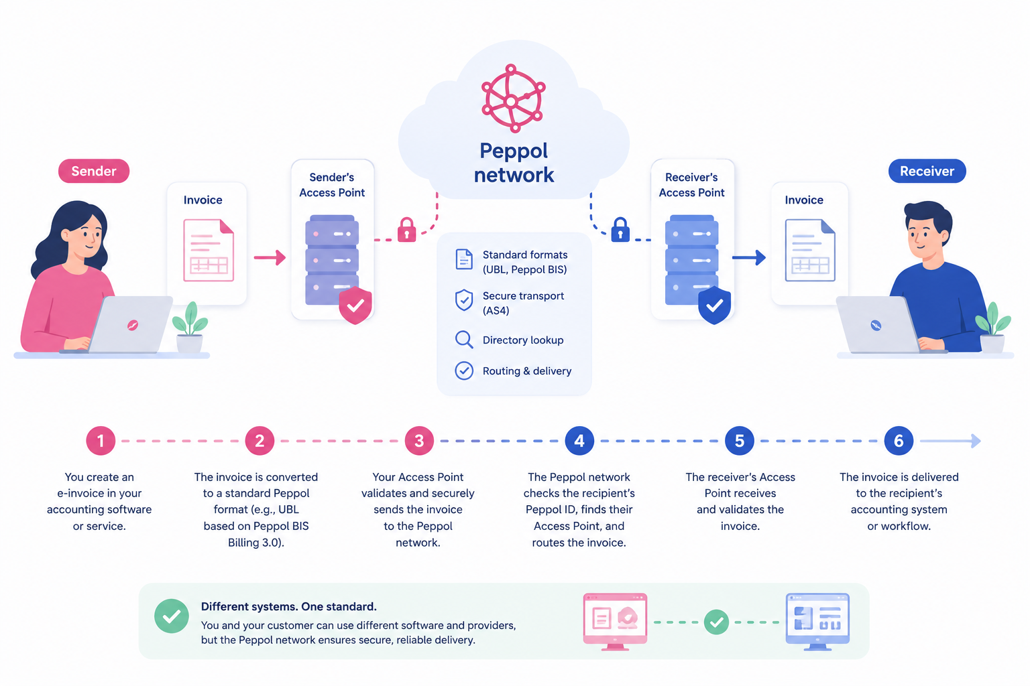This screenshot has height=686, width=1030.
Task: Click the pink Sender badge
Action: [94, 171]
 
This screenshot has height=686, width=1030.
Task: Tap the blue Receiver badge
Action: [927, 171]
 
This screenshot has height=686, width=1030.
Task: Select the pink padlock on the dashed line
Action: [406, 230]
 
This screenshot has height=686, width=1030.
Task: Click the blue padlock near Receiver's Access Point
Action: [620, 230]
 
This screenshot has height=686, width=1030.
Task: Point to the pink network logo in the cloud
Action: [513, 98]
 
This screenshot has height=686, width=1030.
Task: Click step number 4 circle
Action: [579, 441]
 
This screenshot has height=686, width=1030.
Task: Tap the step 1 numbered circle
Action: [101, 441]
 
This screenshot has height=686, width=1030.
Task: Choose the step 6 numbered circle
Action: [899, 441]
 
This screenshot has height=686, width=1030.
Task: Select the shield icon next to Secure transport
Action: [464, 301]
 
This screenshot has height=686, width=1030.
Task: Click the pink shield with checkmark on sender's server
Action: [355, 305]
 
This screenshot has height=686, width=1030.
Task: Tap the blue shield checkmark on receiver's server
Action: [715, 305]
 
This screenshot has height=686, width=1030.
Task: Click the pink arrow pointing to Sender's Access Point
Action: [270, 257]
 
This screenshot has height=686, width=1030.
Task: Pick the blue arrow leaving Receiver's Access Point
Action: [749, 257]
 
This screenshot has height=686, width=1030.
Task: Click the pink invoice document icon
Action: [209, 250]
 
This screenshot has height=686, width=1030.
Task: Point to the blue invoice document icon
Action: [810, 250]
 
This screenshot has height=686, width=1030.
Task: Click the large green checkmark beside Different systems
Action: [172, 616]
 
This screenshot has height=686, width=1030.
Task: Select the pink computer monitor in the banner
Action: [615, 622]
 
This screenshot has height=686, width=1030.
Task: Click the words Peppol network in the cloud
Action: [514, 163]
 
